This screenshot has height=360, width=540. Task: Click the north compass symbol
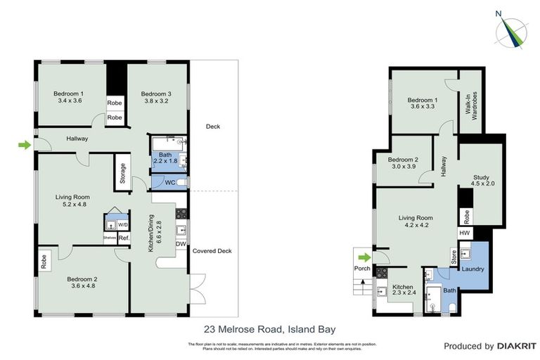click(x=511, y=29)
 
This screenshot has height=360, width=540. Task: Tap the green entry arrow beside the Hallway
click(x=25, y=145)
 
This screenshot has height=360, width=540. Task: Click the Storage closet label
click(x=122, y=173)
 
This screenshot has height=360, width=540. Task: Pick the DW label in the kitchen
click(x=180, y=244)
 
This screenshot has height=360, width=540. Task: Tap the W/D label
click(x=123, y=225)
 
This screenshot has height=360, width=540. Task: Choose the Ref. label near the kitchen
click(x=124, y=238)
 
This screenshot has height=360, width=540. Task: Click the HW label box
click(x=465, y=233)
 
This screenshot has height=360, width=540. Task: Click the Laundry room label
click(x=471, y=269)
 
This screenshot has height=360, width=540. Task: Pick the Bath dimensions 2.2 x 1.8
click(x=167, y=162)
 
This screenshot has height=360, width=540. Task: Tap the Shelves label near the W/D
click(x=109, y=238)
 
